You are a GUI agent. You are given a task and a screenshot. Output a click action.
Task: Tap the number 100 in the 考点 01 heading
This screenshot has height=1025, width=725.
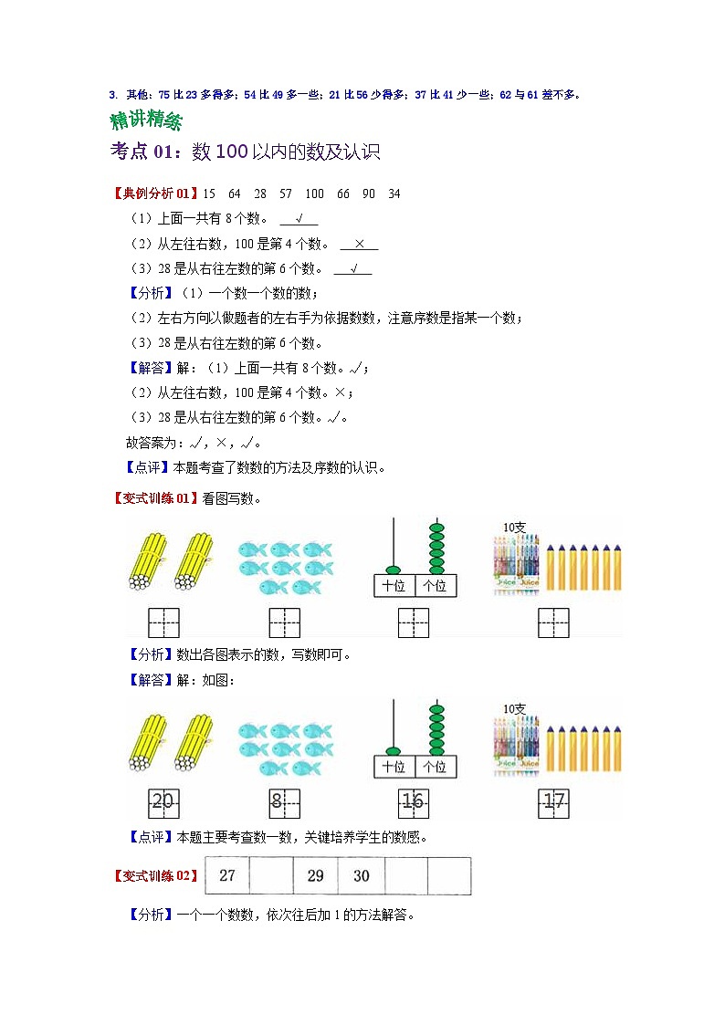[232, 152]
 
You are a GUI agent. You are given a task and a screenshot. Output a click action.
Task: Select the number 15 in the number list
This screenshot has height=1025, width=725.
[209, 193]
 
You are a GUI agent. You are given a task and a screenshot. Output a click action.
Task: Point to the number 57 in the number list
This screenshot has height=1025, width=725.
[286, 193]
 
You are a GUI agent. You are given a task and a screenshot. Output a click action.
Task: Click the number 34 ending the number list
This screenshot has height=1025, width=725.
[394, 193]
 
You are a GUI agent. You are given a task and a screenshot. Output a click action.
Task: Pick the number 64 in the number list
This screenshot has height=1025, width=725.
[235, 193]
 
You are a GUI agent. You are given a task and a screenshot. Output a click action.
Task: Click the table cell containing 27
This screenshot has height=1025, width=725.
[227, 876]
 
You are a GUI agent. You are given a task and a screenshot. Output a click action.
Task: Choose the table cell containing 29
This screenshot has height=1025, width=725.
[315, 876]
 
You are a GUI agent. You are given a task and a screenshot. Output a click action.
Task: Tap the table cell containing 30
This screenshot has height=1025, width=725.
[361, 876]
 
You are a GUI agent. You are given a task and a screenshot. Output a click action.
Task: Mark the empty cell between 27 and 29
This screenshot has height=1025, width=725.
[271, 876]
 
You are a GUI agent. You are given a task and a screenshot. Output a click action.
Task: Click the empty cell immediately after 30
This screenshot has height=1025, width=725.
[405, 876]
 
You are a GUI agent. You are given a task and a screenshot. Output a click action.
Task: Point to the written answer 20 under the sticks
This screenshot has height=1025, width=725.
[163, 802]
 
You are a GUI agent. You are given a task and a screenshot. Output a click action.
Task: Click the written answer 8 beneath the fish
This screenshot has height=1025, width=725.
[278, 802]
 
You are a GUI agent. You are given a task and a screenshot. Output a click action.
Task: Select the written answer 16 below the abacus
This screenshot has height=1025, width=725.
[414, 802]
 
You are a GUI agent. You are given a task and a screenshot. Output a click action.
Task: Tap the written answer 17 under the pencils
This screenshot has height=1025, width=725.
[554, 802]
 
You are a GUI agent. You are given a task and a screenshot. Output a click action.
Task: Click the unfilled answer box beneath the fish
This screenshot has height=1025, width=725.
[285, 622]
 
